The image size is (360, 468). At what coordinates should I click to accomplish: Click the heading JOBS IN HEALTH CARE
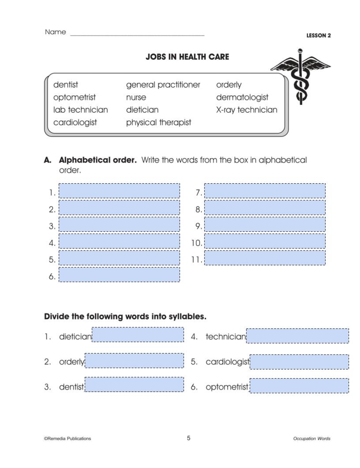(x=187, y=57)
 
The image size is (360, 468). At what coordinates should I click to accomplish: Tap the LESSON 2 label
(x=318, y=35)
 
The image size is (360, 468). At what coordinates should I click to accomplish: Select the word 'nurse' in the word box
(x=136, y=97)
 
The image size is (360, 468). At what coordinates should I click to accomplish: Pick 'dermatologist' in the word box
(x=242, y=97)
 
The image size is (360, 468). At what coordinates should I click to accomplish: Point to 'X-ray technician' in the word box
(x=247, y=110)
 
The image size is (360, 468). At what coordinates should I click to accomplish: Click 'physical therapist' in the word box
(x=158, y=122)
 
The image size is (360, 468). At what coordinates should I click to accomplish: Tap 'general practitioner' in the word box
(x=163, y=85)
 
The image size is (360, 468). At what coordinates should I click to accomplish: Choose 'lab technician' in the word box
(x=81, y=110)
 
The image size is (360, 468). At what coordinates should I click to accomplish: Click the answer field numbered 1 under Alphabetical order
(x=119, y=191)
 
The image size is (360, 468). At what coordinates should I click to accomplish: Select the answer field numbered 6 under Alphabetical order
(x=119, y=275)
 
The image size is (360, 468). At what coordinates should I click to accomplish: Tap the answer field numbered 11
(x=265, y=258)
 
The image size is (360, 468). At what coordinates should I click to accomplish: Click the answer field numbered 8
(x=265, y=208)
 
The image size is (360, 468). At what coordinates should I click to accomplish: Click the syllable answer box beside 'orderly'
(x=134, y=361)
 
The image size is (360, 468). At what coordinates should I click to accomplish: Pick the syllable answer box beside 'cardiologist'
(x=299, y=362)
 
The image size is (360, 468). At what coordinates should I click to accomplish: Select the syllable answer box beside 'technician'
(x=297, y=336)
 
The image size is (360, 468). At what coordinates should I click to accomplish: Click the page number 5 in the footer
(x=189, y=438)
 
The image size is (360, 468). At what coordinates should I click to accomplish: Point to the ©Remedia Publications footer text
(x=68, y=438)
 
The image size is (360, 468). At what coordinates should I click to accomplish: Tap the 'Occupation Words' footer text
(x=312, y=438)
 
